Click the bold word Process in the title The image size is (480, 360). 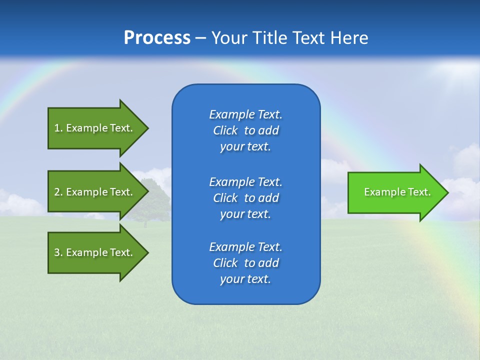pos(157,38)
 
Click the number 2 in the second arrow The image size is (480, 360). pos(57,192)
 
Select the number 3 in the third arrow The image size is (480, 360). pos(57,252)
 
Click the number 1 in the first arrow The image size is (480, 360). pos(57,128)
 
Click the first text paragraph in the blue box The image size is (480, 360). pos(245,130)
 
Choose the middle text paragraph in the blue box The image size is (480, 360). pos(245,198)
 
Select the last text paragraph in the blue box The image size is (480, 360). pos(245,263)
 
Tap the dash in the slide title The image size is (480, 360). pos(200,38)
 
